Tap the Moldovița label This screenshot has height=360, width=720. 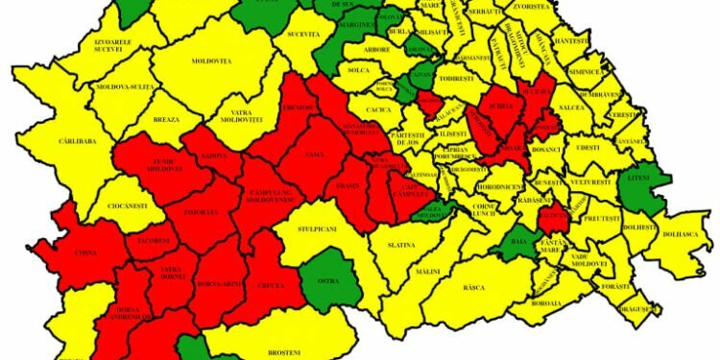(x=212, y=61)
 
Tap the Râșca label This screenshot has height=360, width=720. (x=473, y=286)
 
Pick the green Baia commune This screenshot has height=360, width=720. (x=519, y=242)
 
